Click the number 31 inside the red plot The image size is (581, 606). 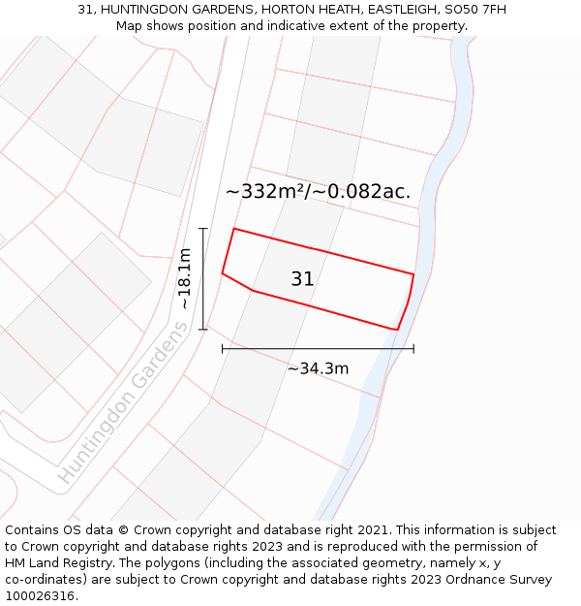pyautogui.click(x=302, y=279)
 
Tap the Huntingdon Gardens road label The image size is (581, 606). pyautogui.click(x=123, y=403)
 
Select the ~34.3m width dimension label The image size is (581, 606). pyautogui.click(x=318, y=368)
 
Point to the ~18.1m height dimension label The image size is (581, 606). pyautogui.click(x=184, y=278)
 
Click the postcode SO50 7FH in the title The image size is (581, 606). pyautogui.click(x=473, y=10)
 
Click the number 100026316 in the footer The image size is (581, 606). pyautogui.click(x=42, y=596)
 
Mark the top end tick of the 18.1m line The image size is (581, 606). pyautogui.click(x=203, y=228)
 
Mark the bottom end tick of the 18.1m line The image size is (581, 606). pyautogui.click(x=203, y=330)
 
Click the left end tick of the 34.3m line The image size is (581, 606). pyautogui.click(x=223, y=348)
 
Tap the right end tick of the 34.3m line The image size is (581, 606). pyautogui.click(x=413, y=348)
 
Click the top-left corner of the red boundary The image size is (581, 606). pyautogui.click(x=234, y=229)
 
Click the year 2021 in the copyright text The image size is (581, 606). pyautogui.click(x=372, y=530)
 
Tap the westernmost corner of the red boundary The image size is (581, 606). pyautogui.click(x=223, y=273)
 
